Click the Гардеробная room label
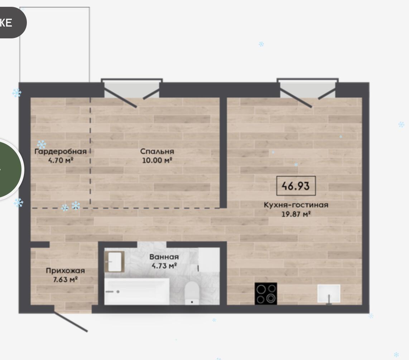point(61,152)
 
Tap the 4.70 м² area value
point(61,160)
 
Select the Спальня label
point(157,151)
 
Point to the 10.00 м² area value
point(157,160)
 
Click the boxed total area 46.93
point(296,186)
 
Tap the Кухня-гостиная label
point(296,205)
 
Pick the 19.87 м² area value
point(296,214)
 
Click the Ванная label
point(164,257)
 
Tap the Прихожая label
point(66,271)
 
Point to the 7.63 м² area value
point(66,280)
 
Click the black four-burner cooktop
point(266,293)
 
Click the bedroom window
point(132,89)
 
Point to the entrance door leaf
point(71,321)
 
